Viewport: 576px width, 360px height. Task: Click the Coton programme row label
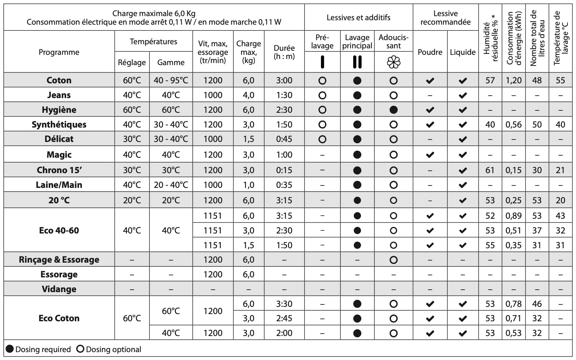[59, 80]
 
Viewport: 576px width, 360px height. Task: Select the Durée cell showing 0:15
[284, 170]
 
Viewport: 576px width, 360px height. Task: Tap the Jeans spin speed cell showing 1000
[213, 95]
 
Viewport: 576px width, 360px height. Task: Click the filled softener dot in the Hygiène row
[394, 110]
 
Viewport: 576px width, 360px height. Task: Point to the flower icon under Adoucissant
[394, 62]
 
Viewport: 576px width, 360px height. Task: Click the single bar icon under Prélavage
[322, 62]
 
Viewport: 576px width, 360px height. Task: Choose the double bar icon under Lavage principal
[357, 62]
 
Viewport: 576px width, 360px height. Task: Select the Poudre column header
[430, 52]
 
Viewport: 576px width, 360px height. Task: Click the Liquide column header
[463, 52]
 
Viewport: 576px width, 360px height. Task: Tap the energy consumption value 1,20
[514, 80]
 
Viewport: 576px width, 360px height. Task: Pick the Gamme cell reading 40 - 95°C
[171, 80]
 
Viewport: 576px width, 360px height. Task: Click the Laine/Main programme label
[59, 185]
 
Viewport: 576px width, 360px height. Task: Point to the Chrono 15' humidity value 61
[490, 170]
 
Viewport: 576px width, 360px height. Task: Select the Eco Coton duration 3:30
[284, 304]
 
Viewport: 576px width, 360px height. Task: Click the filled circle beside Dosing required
[10, 349]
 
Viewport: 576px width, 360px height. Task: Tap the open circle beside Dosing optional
[80, 349]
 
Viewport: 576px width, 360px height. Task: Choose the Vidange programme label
[59, 289]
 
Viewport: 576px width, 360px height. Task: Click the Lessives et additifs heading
[358, 17]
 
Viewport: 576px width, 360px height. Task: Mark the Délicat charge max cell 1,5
[249, 139]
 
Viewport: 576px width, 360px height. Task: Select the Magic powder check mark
[430, 155]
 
